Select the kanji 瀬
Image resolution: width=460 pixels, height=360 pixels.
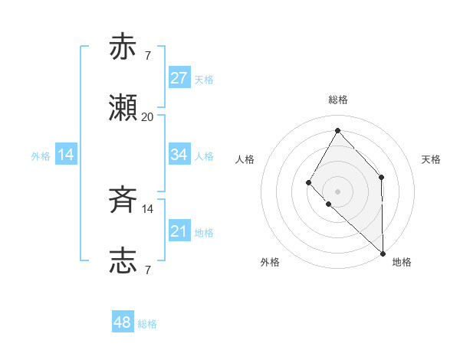(x=123, y=108)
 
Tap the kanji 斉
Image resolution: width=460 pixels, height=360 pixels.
(x=123, y=201)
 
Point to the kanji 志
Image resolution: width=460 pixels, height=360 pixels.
(x=123, y=261)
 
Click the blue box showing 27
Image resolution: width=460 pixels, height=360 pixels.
(x=179, y=78)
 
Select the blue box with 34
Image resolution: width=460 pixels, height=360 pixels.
(x=179, y=155)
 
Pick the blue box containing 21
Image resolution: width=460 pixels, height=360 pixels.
(x=179, y=231)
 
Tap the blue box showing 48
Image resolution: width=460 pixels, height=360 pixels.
(x=123, y=323)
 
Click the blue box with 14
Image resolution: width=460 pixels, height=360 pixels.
(x=66, y=155)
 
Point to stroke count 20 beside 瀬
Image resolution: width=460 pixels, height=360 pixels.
(x=147, y=117)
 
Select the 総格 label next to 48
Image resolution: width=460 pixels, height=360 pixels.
(x=147, y=324)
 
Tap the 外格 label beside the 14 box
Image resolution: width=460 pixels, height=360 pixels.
(x=41, y=155)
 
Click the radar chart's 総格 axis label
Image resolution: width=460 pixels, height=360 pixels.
(x=338, y=100)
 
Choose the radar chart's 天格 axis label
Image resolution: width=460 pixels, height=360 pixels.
(x=431, y=159)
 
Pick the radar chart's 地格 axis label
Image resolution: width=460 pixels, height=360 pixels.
(x=402, y=262)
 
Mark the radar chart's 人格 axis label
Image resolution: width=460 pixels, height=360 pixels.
(x=245, y=159)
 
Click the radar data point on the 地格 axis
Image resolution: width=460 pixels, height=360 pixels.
(x=383, y=253)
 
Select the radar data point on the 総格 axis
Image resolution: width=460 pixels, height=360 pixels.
(x=337, y=130)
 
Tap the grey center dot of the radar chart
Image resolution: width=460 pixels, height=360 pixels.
(x=337, y=191)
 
